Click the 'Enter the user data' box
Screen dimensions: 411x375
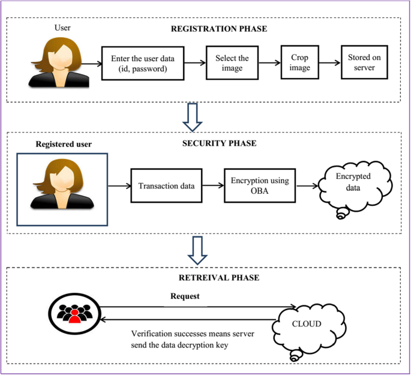(143, 64)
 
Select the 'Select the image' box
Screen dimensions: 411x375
(232, 63)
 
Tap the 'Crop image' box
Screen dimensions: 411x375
(300, 62)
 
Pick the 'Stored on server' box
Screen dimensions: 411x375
(364, 62)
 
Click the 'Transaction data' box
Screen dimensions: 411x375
(166, 186)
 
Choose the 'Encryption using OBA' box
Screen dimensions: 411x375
(260, 185)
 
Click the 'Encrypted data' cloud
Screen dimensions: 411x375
(355, 187)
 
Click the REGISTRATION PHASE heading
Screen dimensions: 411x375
(219, 29)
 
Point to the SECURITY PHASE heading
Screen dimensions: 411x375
(220, 143)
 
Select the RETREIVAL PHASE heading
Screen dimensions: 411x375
(219, 278)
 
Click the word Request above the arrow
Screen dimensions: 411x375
(185, 296)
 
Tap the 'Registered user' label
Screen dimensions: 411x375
(64, 144)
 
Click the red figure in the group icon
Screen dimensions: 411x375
(75, 316)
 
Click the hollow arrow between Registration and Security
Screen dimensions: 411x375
(193, 117)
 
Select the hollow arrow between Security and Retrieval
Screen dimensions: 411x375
(197, 250)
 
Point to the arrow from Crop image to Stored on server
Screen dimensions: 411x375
(330, 62)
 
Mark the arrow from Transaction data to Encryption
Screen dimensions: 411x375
(213, 185)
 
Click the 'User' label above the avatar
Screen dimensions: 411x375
(62, 28)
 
